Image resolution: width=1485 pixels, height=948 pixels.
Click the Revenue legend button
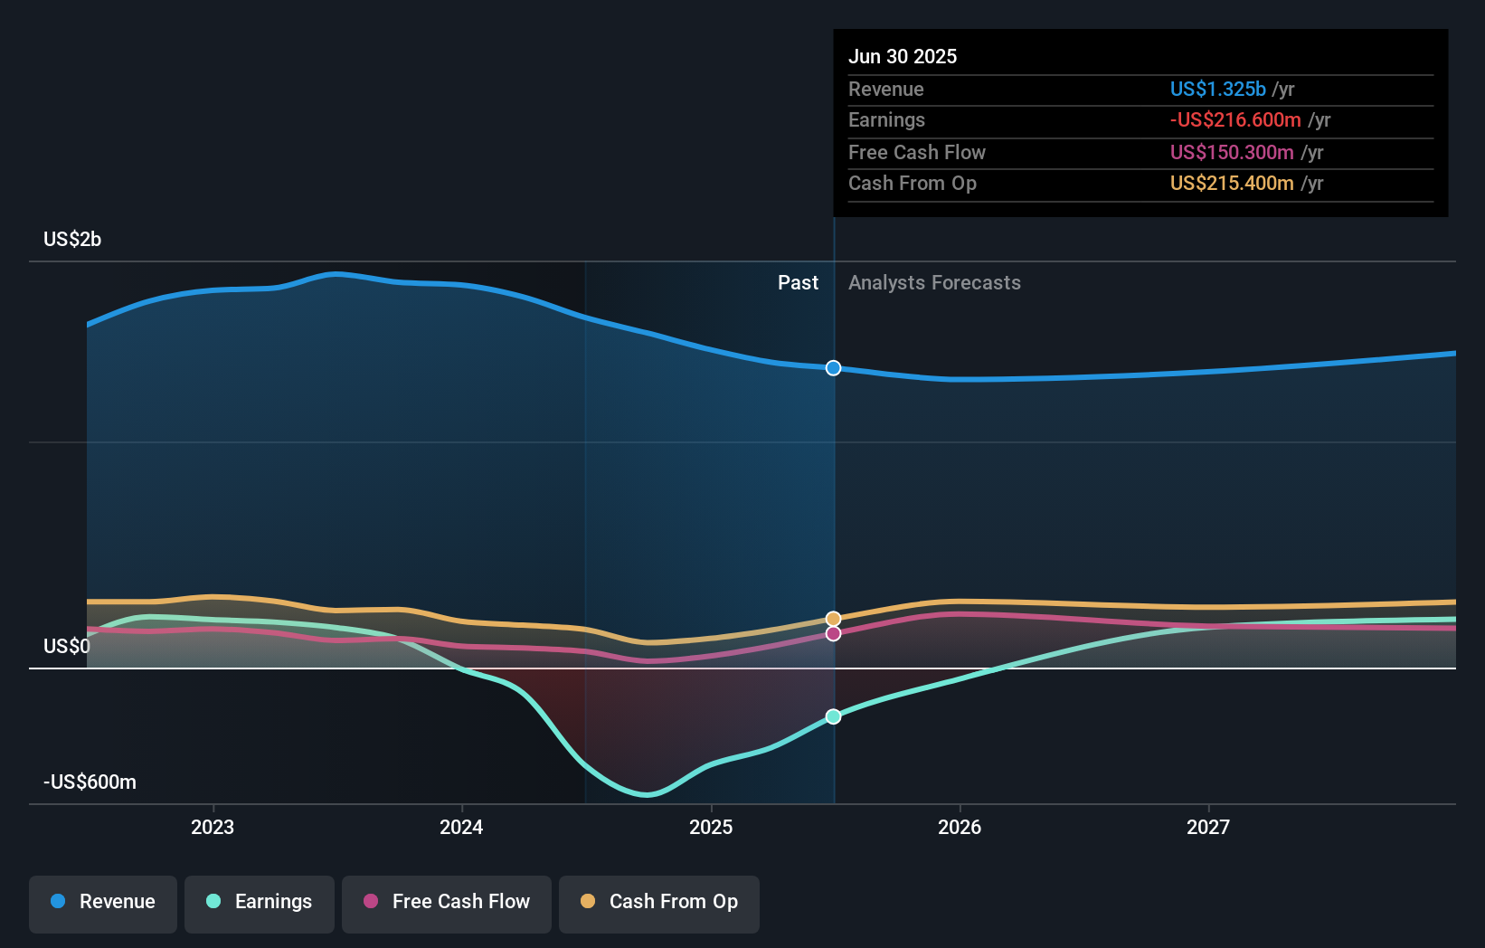coord(103,902)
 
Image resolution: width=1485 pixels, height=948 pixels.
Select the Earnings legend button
coord(260,902)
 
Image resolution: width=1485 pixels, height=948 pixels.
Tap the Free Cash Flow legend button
coord(447,902)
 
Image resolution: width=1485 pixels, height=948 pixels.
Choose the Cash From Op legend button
coord(659,902)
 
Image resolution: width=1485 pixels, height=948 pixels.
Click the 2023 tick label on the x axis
coord(213,827)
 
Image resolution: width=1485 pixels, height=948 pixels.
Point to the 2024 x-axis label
coord(461,827)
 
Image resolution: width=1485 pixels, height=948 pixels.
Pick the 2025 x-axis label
coord(711,827)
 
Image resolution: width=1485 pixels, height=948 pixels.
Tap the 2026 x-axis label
coord(960,827)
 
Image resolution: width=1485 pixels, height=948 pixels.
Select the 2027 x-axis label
coord(1208,827)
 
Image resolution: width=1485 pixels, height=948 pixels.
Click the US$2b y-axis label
coord(72,239)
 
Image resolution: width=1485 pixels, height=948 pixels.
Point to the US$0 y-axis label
coord(67,646)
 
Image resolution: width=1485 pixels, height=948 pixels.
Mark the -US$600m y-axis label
coord(90,782)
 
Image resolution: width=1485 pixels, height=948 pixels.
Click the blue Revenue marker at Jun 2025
coord(834,368)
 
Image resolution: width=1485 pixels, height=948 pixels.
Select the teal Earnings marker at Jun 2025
coord(834,716)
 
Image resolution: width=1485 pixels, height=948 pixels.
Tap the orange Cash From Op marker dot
coord(834,619)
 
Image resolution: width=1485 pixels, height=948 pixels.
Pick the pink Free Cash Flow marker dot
coord(834,634)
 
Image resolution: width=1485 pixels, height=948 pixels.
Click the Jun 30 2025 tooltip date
coord(903,56)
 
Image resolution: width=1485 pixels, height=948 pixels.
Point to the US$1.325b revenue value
coord(1217,89)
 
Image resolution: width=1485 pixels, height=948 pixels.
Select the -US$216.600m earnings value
coord(1235,119)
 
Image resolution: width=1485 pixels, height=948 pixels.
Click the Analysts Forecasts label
coord(934,283)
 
